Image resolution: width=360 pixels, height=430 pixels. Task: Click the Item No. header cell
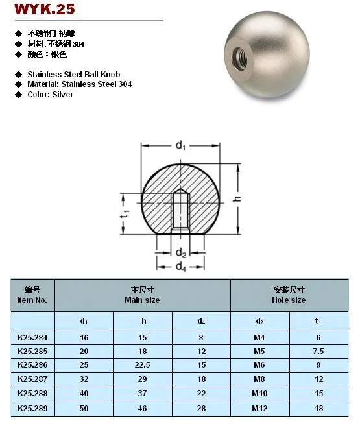[x=32, y=296]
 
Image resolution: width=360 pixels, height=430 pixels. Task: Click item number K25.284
[x=32, y=337]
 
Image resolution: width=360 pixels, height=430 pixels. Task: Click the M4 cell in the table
[x=260, y=337]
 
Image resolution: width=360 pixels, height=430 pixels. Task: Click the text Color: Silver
[x=51, y=95]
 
